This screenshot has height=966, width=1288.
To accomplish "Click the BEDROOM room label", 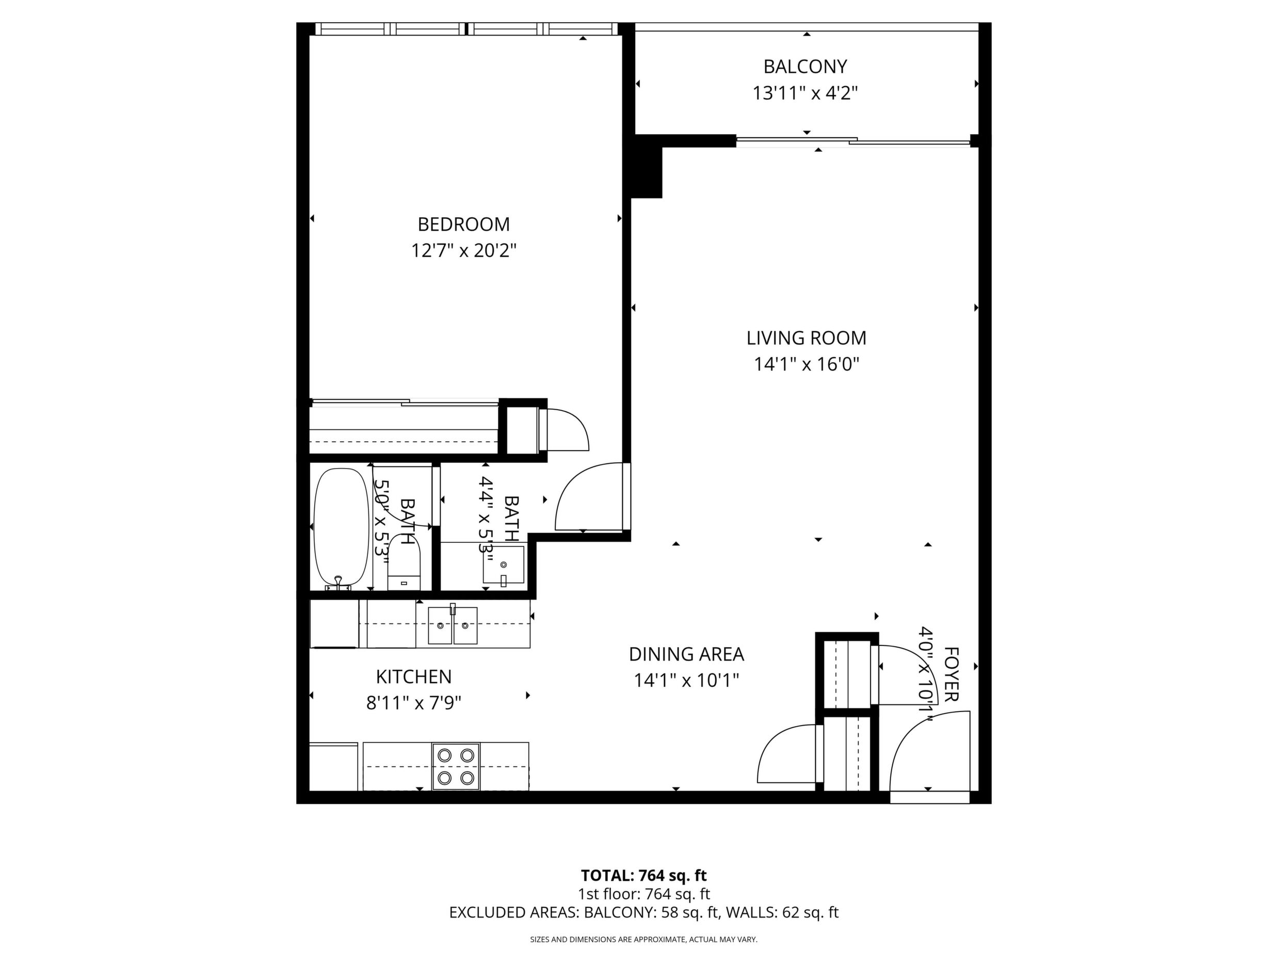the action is tap(463, 224).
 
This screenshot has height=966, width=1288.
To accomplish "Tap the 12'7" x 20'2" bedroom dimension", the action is tap(463, 251).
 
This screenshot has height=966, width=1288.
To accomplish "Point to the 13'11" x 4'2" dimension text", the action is tap(806, 93).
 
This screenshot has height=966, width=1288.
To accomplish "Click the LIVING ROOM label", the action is tap(806, 337).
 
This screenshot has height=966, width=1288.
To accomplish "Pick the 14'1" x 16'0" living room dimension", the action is tap(807, 364).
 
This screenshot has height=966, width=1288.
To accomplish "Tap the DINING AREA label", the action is tap(686, 654).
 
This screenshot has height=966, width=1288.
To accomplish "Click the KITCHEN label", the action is tap(413, 677).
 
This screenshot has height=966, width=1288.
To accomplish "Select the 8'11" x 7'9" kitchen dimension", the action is tap(413, 703).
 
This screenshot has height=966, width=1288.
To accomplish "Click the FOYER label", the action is tap(951, 674).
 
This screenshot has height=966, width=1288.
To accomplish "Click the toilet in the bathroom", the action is tap(404, 562).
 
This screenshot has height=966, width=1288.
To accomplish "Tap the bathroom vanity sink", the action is tap(503, 565).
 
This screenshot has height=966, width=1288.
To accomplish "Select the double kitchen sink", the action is tap(453, 625).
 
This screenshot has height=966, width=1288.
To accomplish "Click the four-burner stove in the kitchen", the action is tap(456, 766).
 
